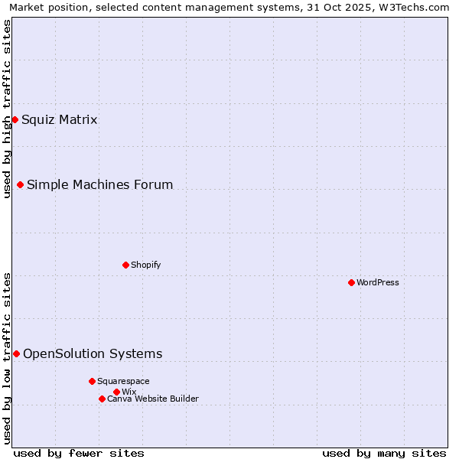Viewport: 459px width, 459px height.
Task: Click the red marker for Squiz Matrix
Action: pos(15,119)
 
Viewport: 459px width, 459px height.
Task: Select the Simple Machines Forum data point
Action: pos(20,184)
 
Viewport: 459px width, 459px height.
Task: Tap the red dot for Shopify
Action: pos(125,265)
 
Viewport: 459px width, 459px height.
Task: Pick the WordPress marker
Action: pos(351,282)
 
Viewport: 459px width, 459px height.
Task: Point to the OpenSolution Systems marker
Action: pos(16,353)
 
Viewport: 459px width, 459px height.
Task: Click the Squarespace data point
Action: pos(92,381)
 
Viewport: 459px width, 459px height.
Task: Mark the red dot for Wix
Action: pos(116,392)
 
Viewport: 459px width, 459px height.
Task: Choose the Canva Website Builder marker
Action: pos(102,399)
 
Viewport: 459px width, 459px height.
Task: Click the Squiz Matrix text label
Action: pos(60,119)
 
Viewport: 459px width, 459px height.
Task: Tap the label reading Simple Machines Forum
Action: pos(99,184)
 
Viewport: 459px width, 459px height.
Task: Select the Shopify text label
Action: pos(145,265)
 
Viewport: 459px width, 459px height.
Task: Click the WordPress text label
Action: pos(378,282)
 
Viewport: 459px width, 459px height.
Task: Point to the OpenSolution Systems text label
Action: pos(93,353)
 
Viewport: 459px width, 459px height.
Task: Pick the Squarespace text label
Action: pos(123,381)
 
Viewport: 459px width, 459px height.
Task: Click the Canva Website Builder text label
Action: pos(153,399)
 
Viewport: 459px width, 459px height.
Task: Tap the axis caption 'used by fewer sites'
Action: pos(79,453)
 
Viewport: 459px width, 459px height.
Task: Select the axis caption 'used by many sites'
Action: pos(384,453)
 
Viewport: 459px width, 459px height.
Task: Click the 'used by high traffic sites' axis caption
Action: pos(7,109)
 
